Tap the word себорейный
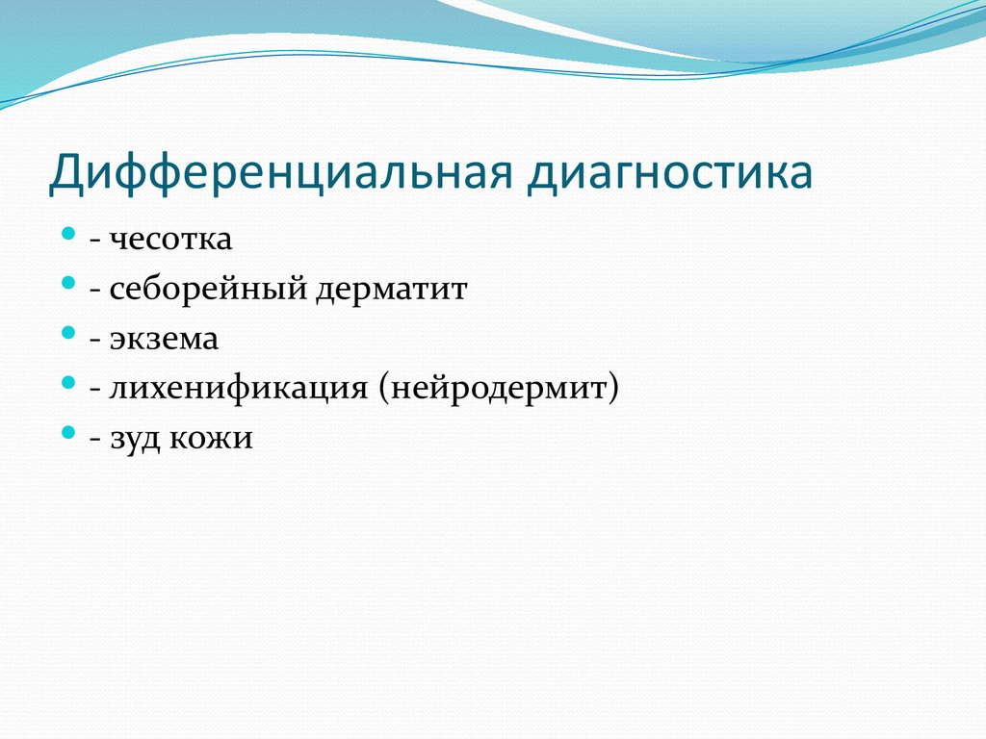pos(207,290)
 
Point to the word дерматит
pos(390,290)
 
